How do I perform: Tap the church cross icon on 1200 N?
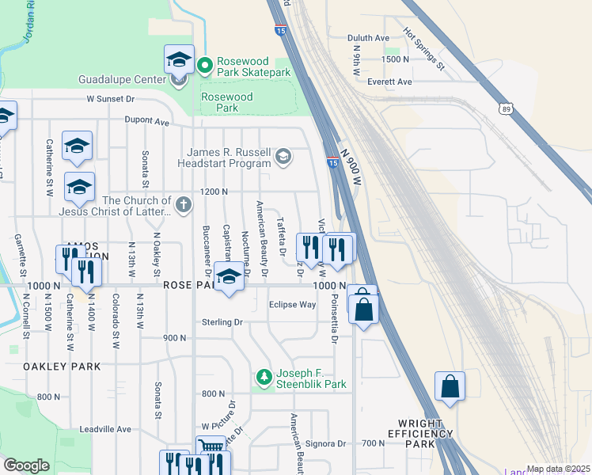[x=184, y=206]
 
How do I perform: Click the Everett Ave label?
[x=388, y=82]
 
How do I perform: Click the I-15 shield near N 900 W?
[x=333, y=162]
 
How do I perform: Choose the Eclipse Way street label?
[x=292, y=304]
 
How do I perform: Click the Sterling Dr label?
[x=222, y=322]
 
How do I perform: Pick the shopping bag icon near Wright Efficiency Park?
[x=450, y=386]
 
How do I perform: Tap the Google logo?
[x=26, y=466]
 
